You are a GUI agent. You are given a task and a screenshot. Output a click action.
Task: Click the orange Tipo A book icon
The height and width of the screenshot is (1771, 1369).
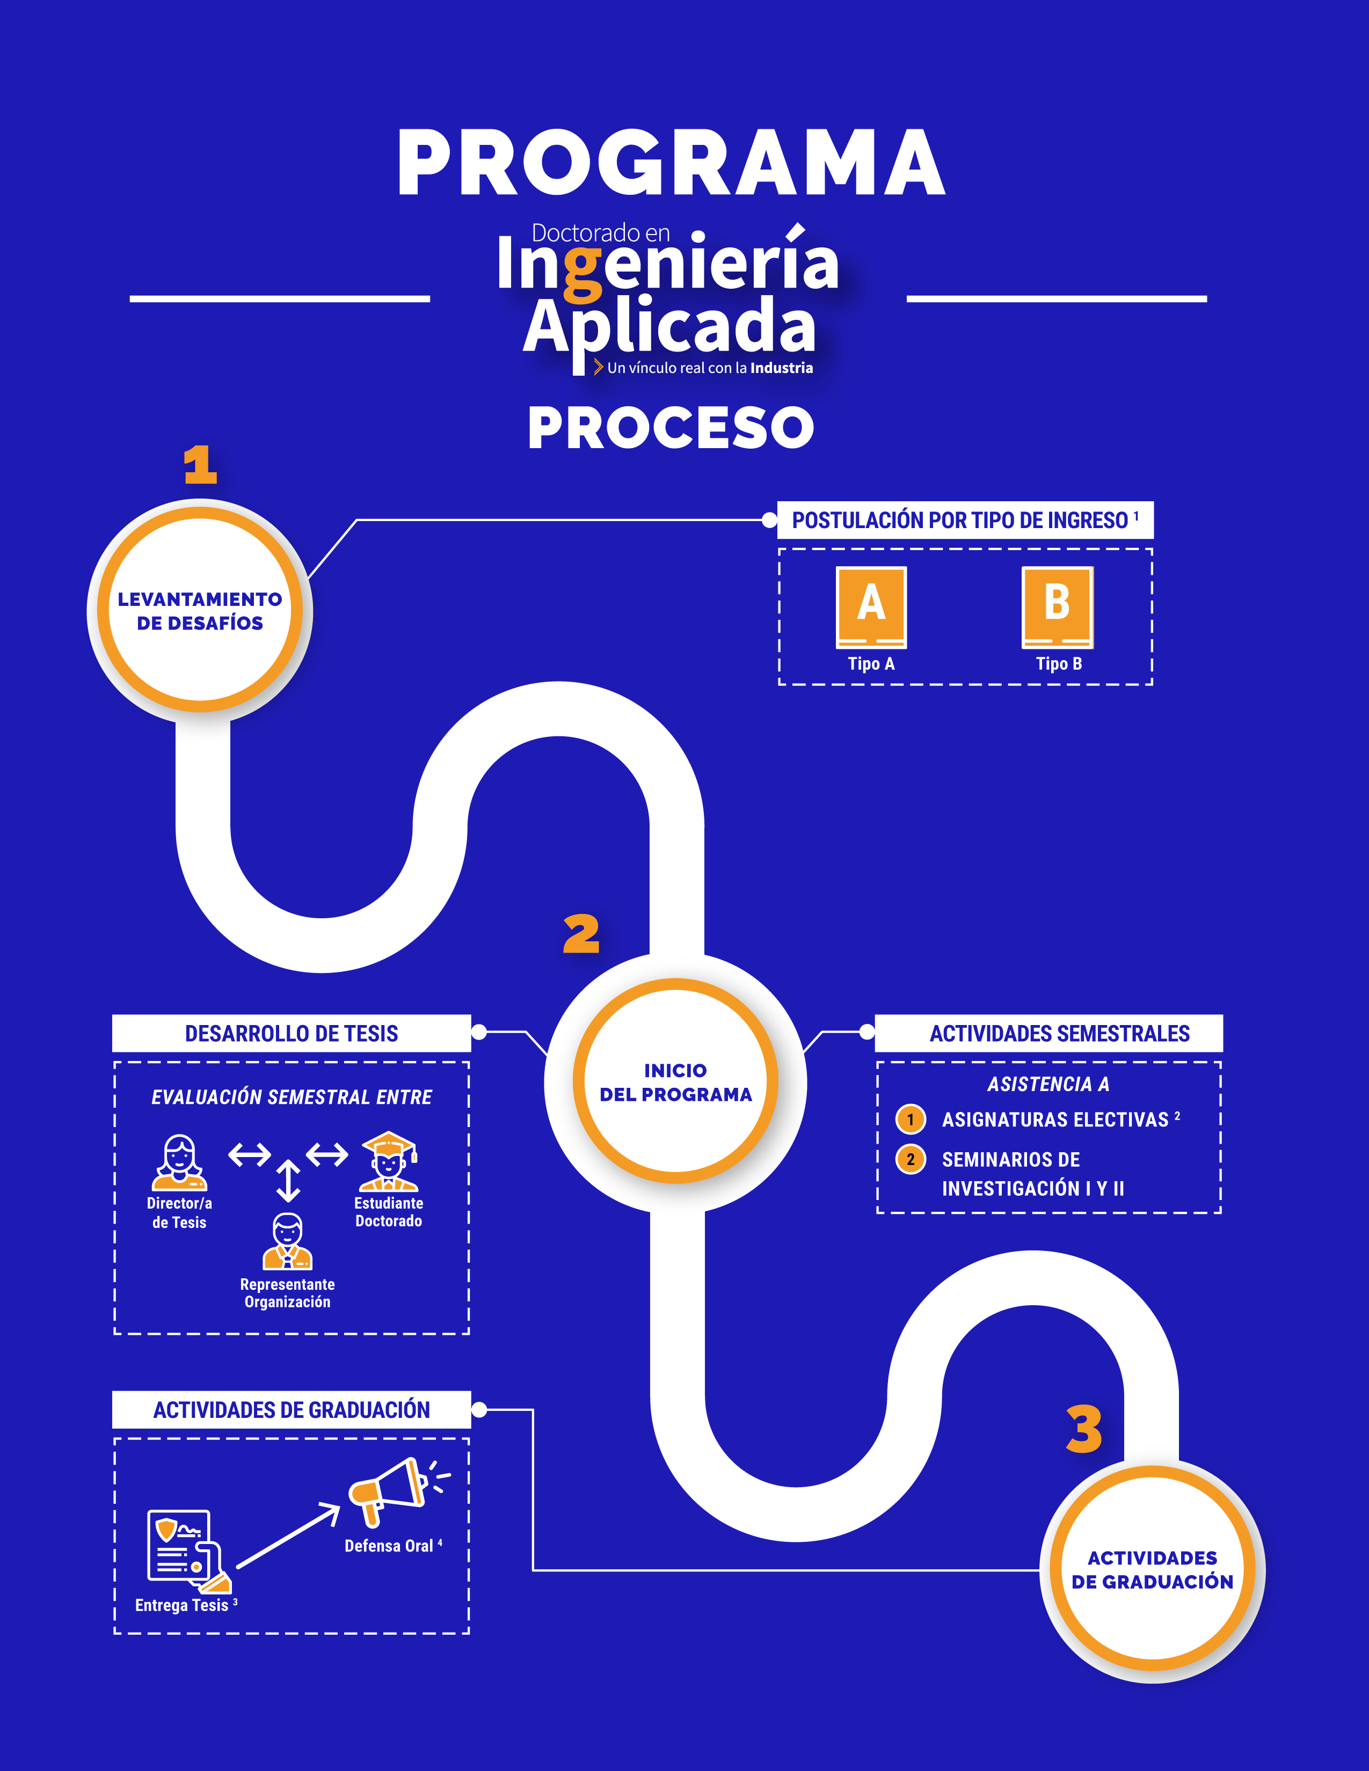click(x=871, y=606)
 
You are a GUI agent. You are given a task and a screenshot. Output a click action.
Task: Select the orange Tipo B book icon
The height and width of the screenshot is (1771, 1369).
click(x=1057, y=606)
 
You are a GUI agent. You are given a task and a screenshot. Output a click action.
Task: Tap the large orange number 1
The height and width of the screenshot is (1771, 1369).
click(x=200, y=465)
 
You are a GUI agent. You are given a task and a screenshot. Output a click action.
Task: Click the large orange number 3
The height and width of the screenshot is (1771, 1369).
click(x=1084, y=1429)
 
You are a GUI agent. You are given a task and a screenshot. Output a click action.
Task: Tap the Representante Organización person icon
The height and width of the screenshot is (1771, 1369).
click(x=287, y=1241)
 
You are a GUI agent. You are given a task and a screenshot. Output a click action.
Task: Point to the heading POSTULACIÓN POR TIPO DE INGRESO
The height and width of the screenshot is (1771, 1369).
click(x=960, y=521)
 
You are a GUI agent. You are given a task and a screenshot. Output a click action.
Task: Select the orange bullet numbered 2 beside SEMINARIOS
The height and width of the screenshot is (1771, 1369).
click(x=910, y=1160)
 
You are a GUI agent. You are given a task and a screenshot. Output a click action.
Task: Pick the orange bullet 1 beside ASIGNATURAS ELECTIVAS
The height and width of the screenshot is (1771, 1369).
click(x=910, y=1120)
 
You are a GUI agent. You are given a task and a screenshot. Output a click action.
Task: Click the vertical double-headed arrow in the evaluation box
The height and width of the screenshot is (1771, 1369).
click(x=288, y=1181)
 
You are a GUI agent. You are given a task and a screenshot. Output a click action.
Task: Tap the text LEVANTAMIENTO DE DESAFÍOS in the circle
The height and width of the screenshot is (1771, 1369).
click(x=200, y=611)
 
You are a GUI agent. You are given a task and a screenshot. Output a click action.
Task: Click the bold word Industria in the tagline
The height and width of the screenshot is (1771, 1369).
click(x=781, y=368)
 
